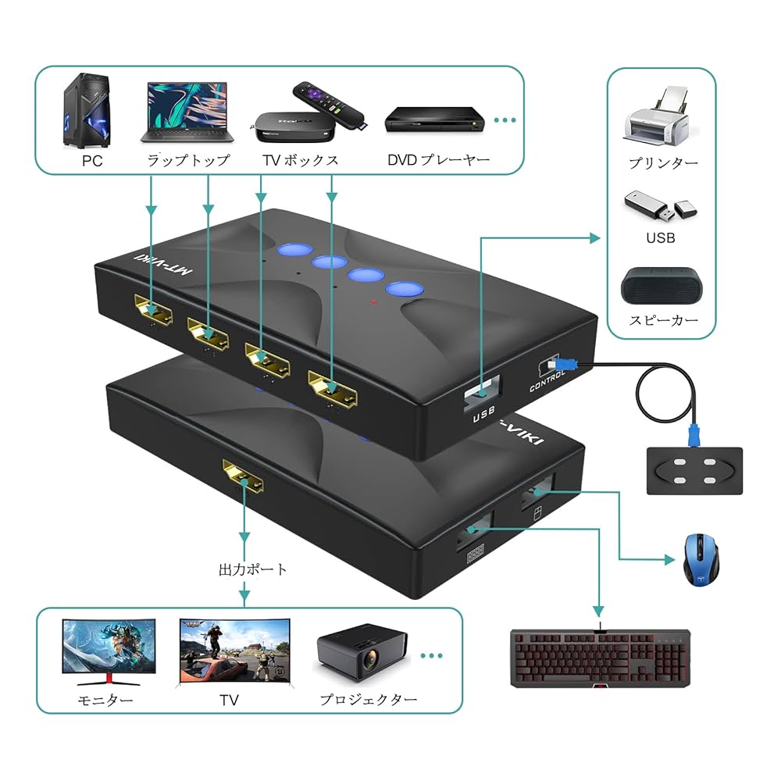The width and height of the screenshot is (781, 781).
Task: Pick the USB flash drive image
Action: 661,206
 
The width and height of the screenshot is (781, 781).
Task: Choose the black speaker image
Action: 661,287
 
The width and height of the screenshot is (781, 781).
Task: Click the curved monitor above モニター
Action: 109,651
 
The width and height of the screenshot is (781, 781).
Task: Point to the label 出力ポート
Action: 252,569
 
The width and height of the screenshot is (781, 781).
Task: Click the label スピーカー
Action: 662,319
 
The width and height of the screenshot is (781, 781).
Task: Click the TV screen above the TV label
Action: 234,650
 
